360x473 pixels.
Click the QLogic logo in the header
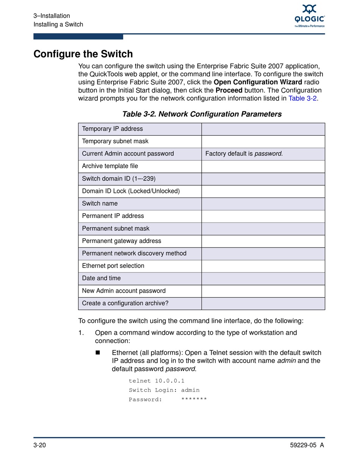(x=310, y=16)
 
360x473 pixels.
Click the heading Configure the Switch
(x=83, y=54)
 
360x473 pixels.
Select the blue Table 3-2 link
(x=302, y=99)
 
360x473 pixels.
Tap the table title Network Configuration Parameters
(x=202, y=114)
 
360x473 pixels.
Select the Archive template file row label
(x=110, y=166)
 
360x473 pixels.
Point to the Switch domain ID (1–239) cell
(x=119, y=179)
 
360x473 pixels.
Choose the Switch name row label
(x=100, y=204)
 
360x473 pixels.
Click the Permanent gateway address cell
(x=121, y=241)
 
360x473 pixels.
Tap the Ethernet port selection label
(x=113, y=266)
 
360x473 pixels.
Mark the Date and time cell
(x=101, y=278)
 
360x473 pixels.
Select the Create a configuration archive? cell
(x=125, y=303)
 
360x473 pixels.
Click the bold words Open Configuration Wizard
(x=258, y=82)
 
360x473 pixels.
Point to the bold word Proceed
(x=229, y=91)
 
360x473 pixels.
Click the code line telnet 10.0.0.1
(x=157, y=381)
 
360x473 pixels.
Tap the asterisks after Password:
(x=194, y=399)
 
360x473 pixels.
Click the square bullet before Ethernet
(x=97, y=352)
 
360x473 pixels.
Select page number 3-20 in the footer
(x=40, y=445)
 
